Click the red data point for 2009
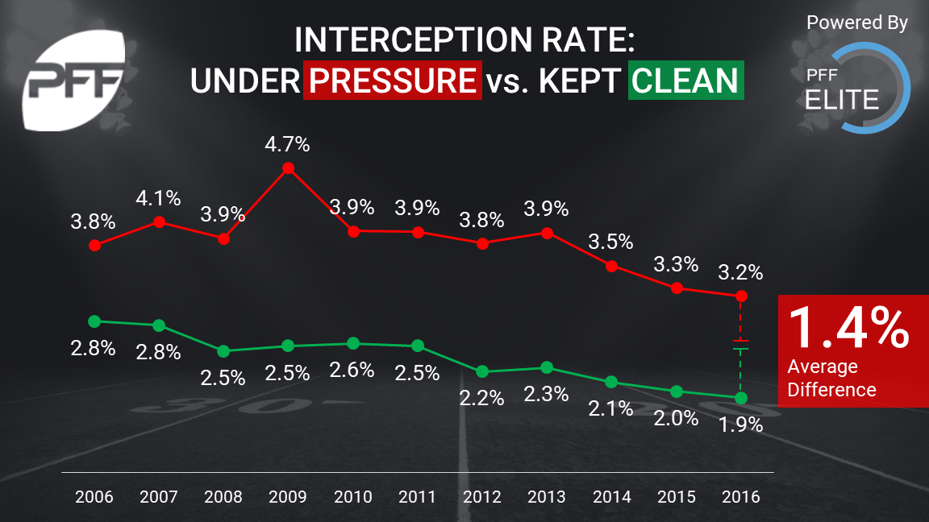pos(288,168)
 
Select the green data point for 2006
pos(94,321)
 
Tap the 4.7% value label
pos(288,145)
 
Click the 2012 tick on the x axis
pos(481,497)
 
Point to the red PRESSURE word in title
pos(393,81)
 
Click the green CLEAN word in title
pos(685,81)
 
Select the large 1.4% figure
pos(847,327)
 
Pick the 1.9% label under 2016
pos(741,425)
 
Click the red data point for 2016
pos(741,296)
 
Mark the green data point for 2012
pos(482,371)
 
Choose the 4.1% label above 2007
pos(159,198)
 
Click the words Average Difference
pos(831,379)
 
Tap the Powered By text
pos(856,23)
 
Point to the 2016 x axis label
pos(741,497)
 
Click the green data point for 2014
pos(611,382)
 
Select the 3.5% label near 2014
pos(610,242)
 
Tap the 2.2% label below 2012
pos(481,397)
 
